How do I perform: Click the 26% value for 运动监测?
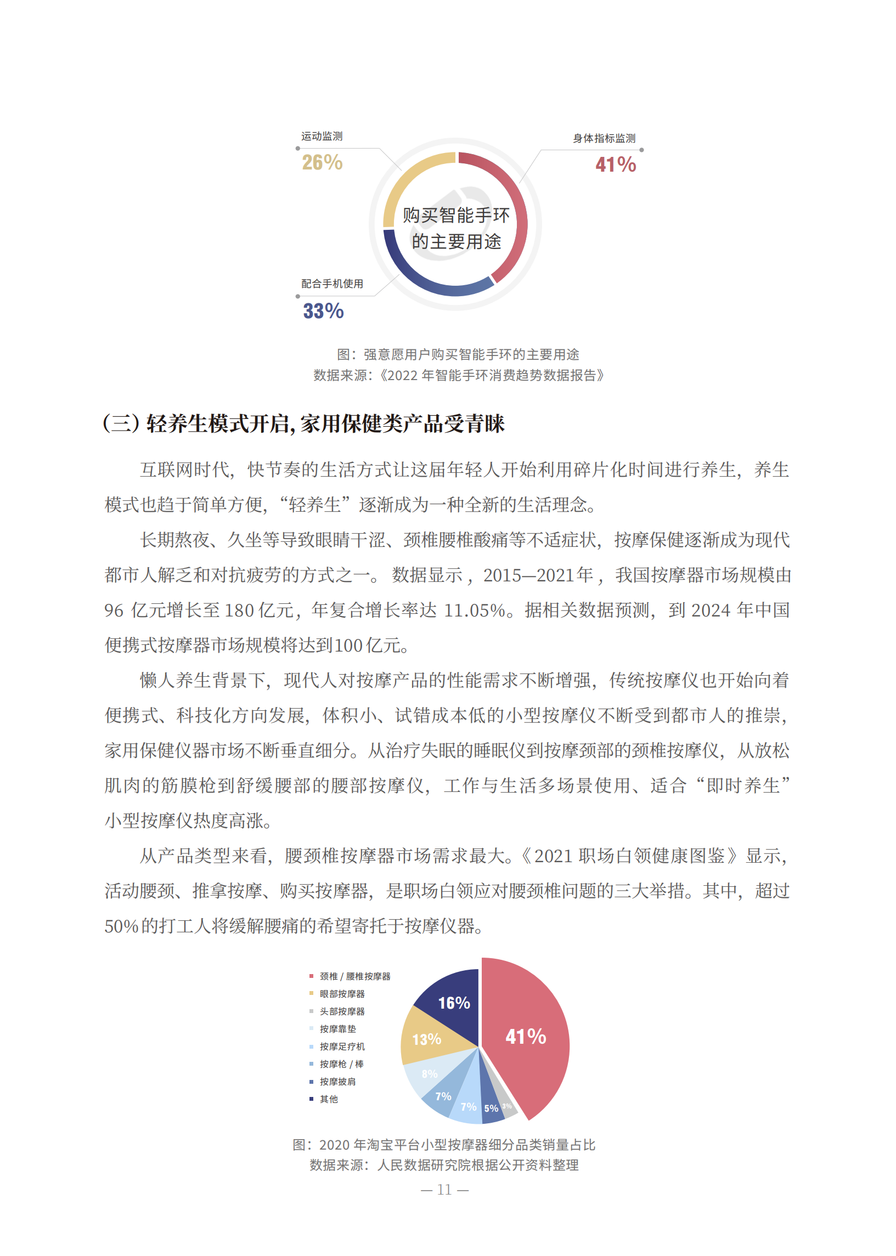tap(322, 163)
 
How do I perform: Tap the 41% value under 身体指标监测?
tap(615, 165)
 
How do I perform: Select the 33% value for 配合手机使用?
tap(323, 311)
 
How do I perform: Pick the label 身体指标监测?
tap(604, 138)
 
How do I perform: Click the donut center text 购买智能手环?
tap(456, 216)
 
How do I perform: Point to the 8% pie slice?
tap(429, 1074)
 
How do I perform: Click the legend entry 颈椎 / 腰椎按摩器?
tap(354, 976)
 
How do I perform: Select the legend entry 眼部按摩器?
tap(341, 994)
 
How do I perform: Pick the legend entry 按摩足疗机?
tap(341, 1046)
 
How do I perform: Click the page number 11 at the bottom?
tap(444, 1190)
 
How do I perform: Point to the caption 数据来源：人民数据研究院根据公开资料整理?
tap(444, 1165)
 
